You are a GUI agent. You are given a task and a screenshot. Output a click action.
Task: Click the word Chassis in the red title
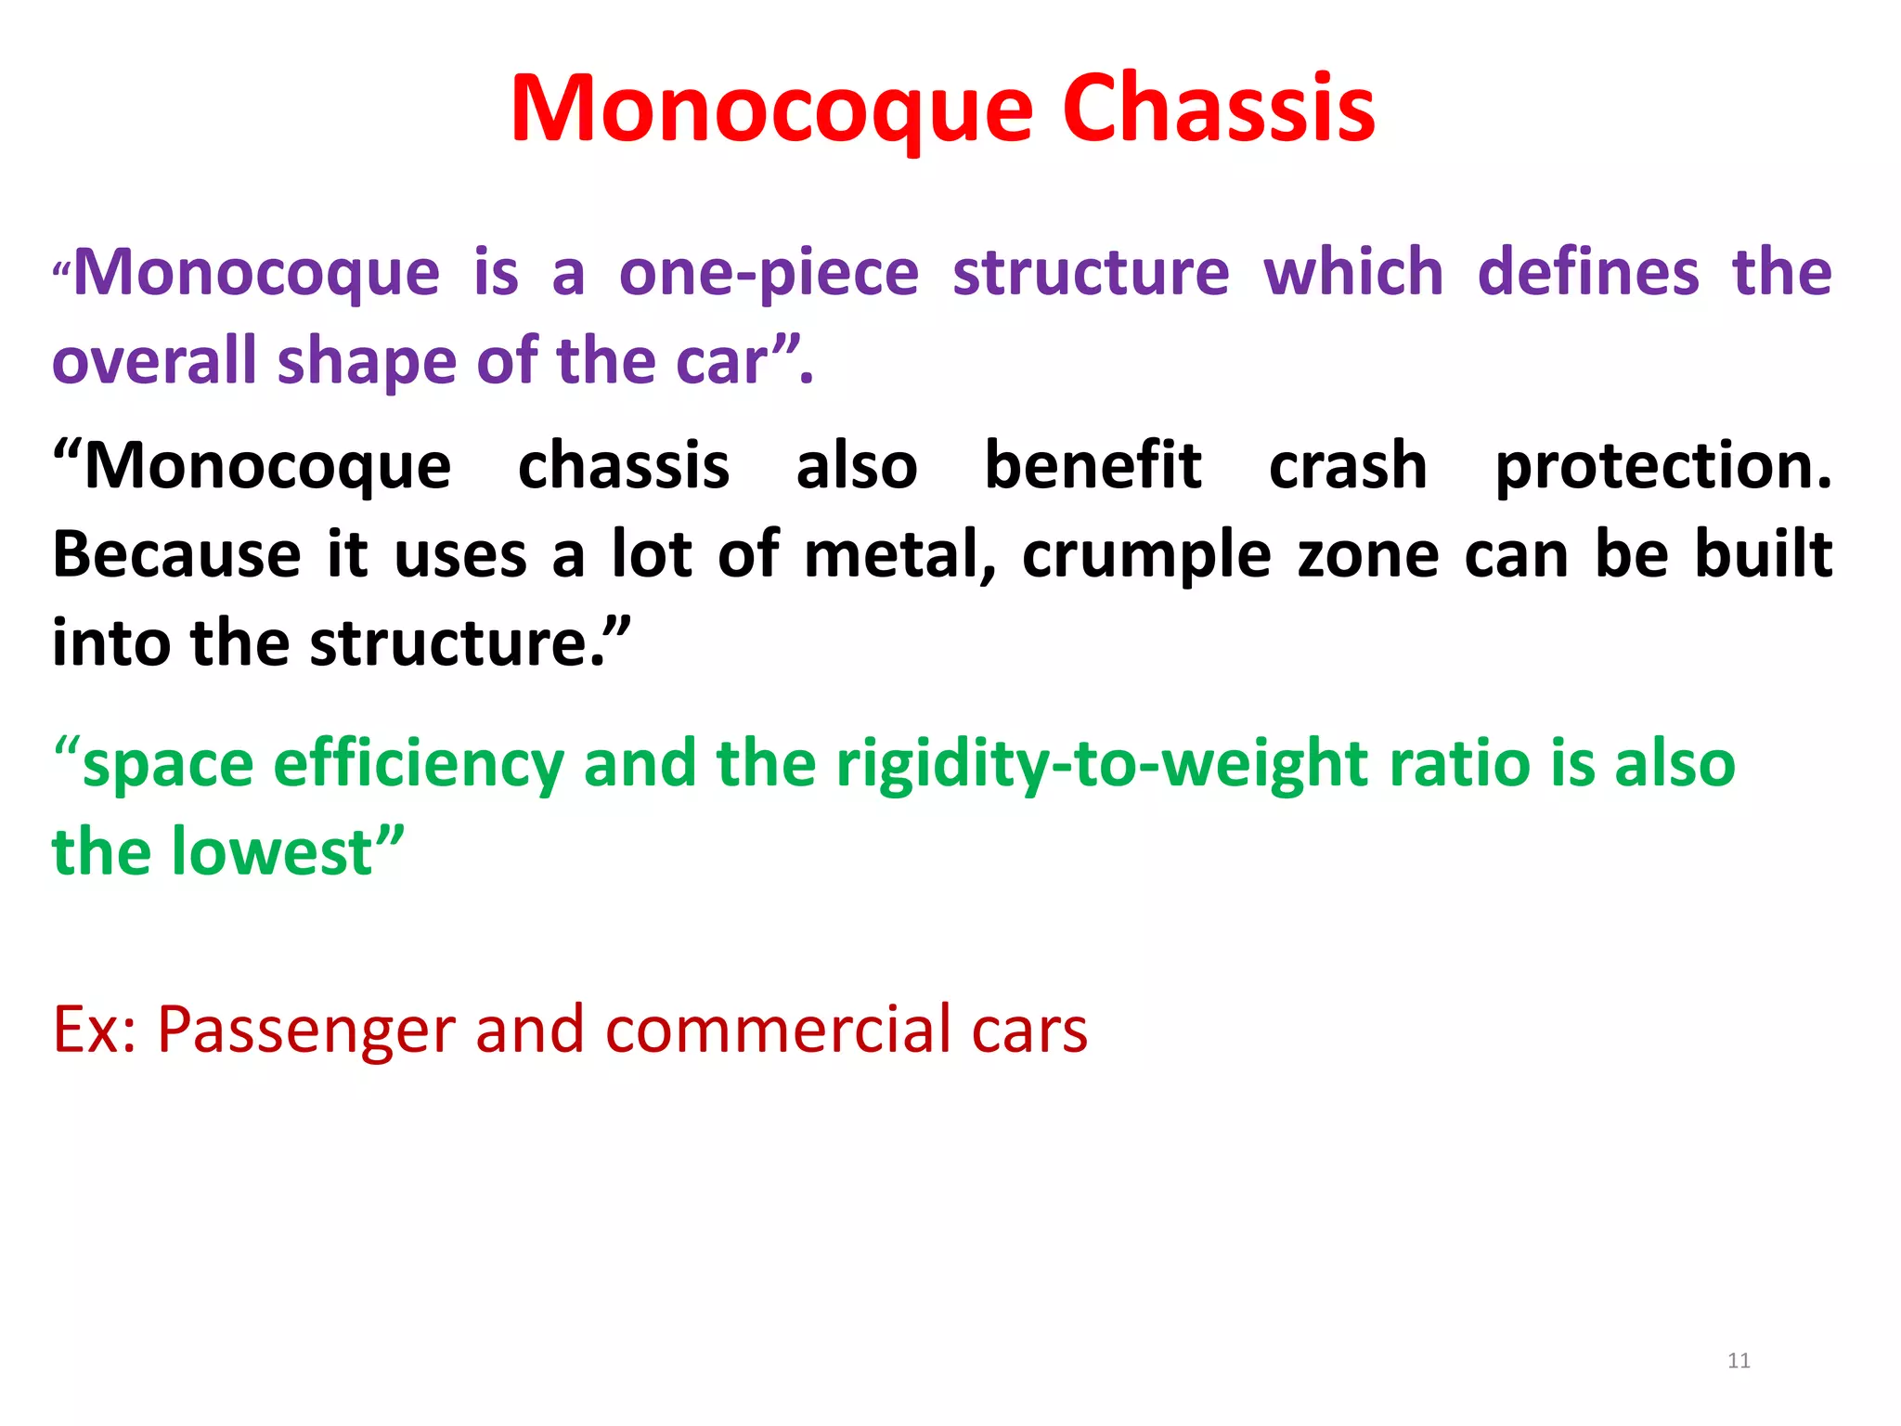(1218, 110)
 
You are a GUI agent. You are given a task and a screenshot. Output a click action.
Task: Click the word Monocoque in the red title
(771, 110)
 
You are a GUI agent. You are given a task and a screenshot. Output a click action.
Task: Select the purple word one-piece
(769, 274)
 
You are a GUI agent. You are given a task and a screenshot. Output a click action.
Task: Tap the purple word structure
(1091, 274)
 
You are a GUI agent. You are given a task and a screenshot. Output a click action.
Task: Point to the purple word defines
(1588, 274)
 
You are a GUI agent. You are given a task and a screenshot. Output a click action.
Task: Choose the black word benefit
(1093, 465)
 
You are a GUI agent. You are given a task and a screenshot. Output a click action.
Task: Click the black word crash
(1348, 465)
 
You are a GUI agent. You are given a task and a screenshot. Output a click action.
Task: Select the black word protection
(1662, 465)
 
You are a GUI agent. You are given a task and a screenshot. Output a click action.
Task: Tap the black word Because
(176, 554)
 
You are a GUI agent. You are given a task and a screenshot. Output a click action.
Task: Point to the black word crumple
(1146, 554)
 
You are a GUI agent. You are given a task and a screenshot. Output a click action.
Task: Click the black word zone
(1368, 554)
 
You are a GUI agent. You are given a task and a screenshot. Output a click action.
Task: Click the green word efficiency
(419, 765)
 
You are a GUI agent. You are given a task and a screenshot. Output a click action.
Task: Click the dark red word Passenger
(306, 1031)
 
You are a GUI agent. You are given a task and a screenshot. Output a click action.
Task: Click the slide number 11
(1739, 1361)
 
